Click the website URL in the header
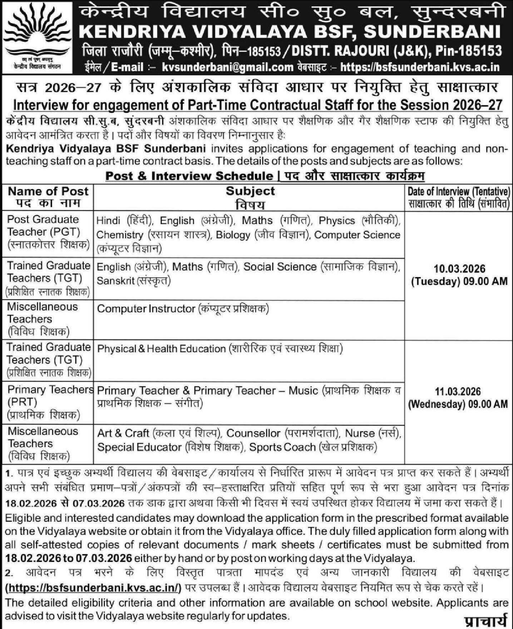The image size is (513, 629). tap(421, 67)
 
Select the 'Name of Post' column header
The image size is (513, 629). tap(48, 191)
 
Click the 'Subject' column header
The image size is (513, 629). tap(250, 191)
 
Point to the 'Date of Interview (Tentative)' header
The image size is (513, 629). tap(459, 191)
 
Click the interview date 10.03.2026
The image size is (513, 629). tap(459, 268)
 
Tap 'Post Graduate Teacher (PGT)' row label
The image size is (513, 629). tap(43, 226)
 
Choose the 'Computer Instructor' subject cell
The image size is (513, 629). tap(146, 309)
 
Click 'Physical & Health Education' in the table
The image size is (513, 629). tap(161, 349)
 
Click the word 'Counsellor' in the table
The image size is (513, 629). tap(254, 433)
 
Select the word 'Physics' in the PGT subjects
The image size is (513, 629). tap(337, 221)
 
